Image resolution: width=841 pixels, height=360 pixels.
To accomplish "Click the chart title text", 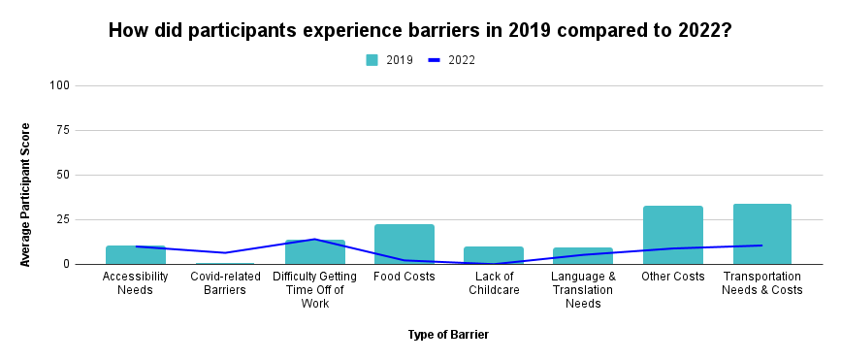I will (419, 30).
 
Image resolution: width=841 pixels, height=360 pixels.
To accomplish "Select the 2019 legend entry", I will (389, 60).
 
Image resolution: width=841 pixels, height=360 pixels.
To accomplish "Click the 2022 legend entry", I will (452, 60).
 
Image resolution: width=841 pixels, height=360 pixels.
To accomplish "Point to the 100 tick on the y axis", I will (60, 85).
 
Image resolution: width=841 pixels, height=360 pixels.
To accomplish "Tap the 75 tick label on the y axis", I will (63, 130).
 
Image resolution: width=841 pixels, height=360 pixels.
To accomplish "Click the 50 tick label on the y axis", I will (63, 175).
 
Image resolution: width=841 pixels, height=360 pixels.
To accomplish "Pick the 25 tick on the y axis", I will (63, 219).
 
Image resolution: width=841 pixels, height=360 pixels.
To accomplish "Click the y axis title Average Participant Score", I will (26, 194).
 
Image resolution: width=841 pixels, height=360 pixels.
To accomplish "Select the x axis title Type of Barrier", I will (447, 335).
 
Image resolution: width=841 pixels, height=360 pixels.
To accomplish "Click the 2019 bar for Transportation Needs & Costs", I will (762, 234).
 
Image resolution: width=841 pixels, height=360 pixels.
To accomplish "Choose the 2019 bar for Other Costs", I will (672, 235).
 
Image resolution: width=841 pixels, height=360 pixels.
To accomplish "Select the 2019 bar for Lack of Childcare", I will (494, 255).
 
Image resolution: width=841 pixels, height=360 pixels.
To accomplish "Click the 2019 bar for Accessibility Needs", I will (136, 255).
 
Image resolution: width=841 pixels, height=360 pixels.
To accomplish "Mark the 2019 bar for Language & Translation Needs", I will (583, 256).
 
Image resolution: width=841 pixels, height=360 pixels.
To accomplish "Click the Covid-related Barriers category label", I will (225, 283).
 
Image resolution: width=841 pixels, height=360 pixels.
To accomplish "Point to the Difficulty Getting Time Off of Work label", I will (315, 290).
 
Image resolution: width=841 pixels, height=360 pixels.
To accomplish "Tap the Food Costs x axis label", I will (404, 277).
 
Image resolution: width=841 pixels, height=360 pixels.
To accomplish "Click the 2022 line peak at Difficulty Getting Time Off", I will (315, 239).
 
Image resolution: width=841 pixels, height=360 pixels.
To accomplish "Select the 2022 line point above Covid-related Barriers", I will (225, 253).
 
